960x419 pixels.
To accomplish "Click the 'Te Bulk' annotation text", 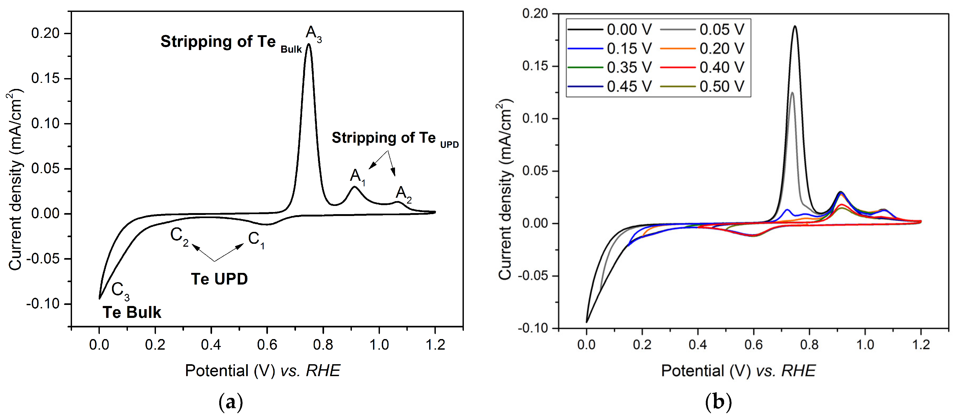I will click(132, 312).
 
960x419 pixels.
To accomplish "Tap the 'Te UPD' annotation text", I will click(219, 279).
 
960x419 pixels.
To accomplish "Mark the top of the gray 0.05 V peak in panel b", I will click(792, 92).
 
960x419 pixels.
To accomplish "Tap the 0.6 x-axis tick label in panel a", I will click(267, 345).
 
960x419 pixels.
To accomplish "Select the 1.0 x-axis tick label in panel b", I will click(865, 345).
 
